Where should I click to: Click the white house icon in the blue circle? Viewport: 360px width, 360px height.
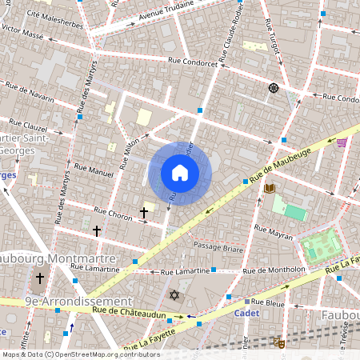tap(180, 173)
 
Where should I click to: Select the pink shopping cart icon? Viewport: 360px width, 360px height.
tap(342, 143)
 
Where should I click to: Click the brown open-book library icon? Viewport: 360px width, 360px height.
tap(270, 188)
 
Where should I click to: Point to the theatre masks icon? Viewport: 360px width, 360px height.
tap(279, 342)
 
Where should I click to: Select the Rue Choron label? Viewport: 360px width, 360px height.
tap(113, 214)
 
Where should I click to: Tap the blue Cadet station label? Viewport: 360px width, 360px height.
tap(246, 314)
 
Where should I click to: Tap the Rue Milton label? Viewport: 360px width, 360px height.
tap(129, 153)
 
